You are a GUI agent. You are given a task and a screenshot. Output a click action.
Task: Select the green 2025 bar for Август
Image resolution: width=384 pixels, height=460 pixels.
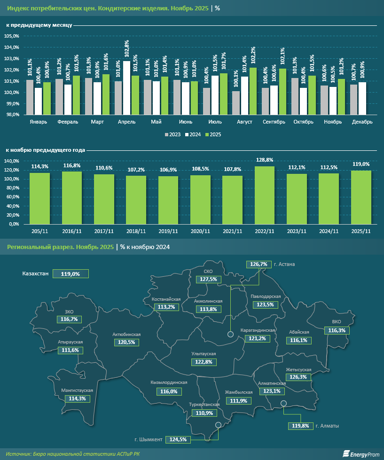(x=253, y=91)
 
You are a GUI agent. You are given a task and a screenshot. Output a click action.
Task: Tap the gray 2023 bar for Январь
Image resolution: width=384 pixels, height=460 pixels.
(x=30, y=97)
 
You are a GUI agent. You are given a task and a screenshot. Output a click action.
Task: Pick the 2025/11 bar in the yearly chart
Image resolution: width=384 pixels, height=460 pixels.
(x=361, y=197)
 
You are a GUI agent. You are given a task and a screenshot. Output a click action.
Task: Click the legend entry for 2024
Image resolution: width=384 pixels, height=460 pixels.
(x=193, y=134)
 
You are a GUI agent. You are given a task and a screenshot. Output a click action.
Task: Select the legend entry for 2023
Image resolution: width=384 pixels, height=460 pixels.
(x=173, y=134)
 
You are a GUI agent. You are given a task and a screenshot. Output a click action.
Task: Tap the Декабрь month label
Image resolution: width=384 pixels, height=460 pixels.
(x=362, y=122)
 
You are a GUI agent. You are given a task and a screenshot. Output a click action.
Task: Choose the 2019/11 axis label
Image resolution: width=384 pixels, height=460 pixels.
(x=168, y=232)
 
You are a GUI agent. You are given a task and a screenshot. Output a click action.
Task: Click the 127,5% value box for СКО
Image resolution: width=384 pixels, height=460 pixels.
(x=208, y=279)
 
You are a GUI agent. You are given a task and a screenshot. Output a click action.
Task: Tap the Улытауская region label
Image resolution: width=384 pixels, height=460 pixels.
(x=204, y=353)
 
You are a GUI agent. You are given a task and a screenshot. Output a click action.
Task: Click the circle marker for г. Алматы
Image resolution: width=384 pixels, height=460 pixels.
(x=283, y=403)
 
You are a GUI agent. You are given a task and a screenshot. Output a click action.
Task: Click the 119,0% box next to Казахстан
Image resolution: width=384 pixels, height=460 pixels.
(x=71, y=273)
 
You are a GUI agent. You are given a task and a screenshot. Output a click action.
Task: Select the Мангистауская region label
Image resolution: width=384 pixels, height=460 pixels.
(x=77, y=390)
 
